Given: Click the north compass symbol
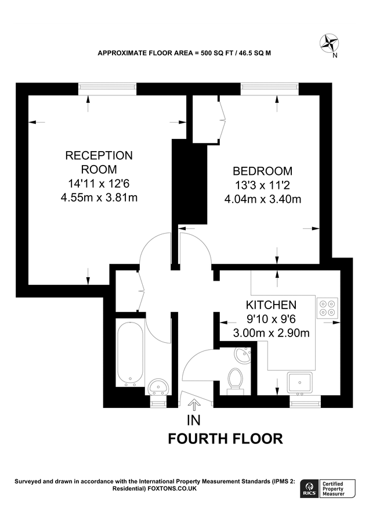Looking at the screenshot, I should click(330, 43).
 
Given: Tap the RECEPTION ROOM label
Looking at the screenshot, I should click(99, 163).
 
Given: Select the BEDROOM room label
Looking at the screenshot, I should click(262, 171).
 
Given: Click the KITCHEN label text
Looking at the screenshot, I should click(271, 305).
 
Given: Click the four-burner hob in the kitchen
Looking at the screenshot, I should click(327, 307).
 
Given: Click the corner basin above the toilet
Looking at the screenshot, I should click(243, 354).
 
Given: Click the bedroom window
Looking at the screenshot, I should click(270, 88).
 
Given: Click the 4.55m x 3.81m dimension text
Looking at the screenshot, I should click(99, 197).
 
